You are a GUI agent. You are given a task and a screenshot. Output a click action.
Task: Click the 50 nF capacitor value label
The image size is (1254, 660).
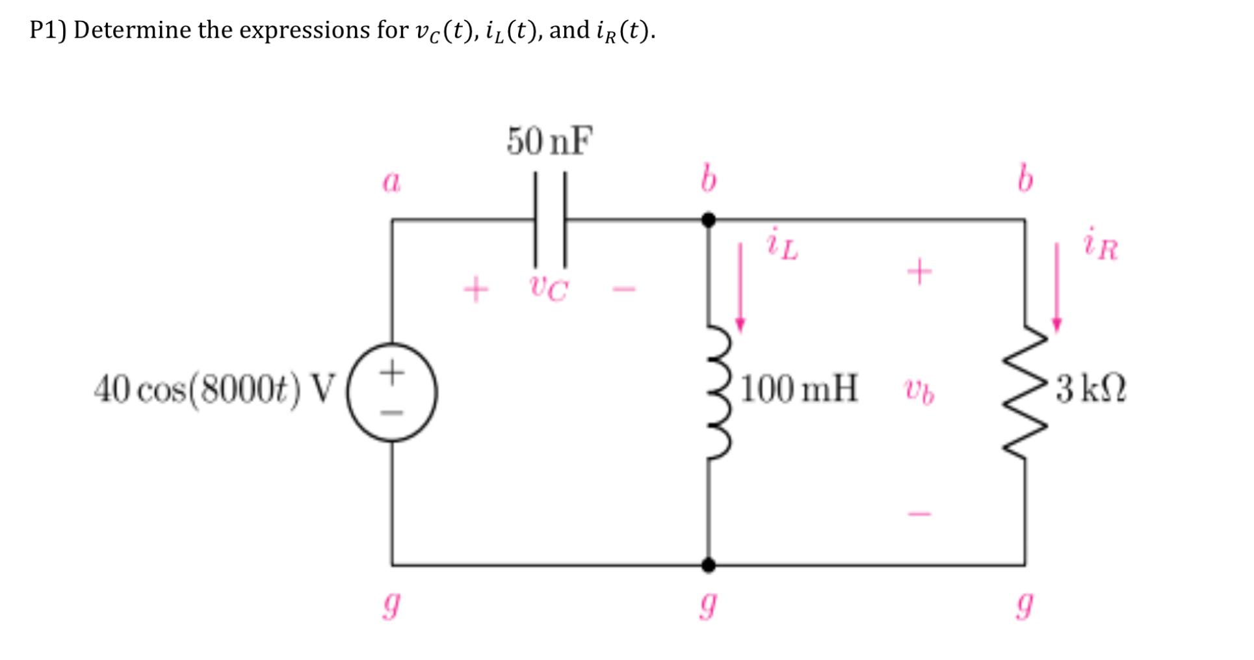(x=549, y=141)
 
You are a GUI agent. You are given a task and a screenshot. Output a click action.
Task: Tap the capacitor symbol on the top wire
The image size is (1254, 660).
(x=550, y=220)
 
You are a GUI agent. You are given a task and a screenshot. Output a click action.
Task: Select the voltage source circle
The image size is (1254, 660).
(x=392, y=393)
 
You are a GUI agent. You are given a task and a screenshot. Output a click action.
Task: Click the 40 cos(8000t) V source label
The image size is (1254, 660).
(x=215, y=390)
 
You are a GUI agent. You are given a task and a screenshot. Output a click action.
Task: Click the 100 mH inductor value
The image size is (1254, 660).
(x=799, y=389)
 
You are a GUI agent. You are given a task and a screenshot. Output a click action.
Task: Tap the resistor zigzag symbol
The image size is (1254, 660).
(x=1026, y=393)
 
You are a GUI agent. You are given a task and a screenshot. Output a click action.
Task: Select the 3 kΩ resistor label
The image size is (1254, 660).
(x=1091, y=389)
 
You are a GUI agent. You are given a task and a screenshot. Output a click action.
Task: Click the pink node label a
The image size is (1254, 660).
(x=391, y=181)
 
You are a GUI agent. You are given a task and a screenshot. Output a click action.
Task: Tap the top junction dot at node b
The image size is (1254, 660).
(x=709, y=220)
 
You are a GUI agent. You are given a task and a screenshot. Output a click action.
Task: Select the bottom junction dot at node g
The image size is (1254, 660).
(x=709, y=565)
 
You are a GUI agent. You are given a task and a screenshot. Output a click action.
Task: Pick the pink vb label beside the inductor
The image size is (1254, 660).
(x=919, y=391)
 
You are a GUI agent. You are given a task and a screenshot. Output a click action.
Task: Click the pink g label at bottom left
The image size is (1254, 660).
(x=391, y=605)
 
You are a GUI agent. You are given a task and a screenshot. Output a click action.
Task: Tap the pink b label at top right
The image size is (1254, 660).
(x=1025, y=179)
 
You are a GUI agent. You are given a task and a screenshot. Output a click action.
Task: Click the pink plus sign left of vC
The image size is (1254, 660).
(x=476, y=289)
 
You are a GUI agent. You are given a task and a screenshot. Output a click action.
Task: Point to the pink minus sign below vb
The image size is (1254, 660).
(x=920, y=514)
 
